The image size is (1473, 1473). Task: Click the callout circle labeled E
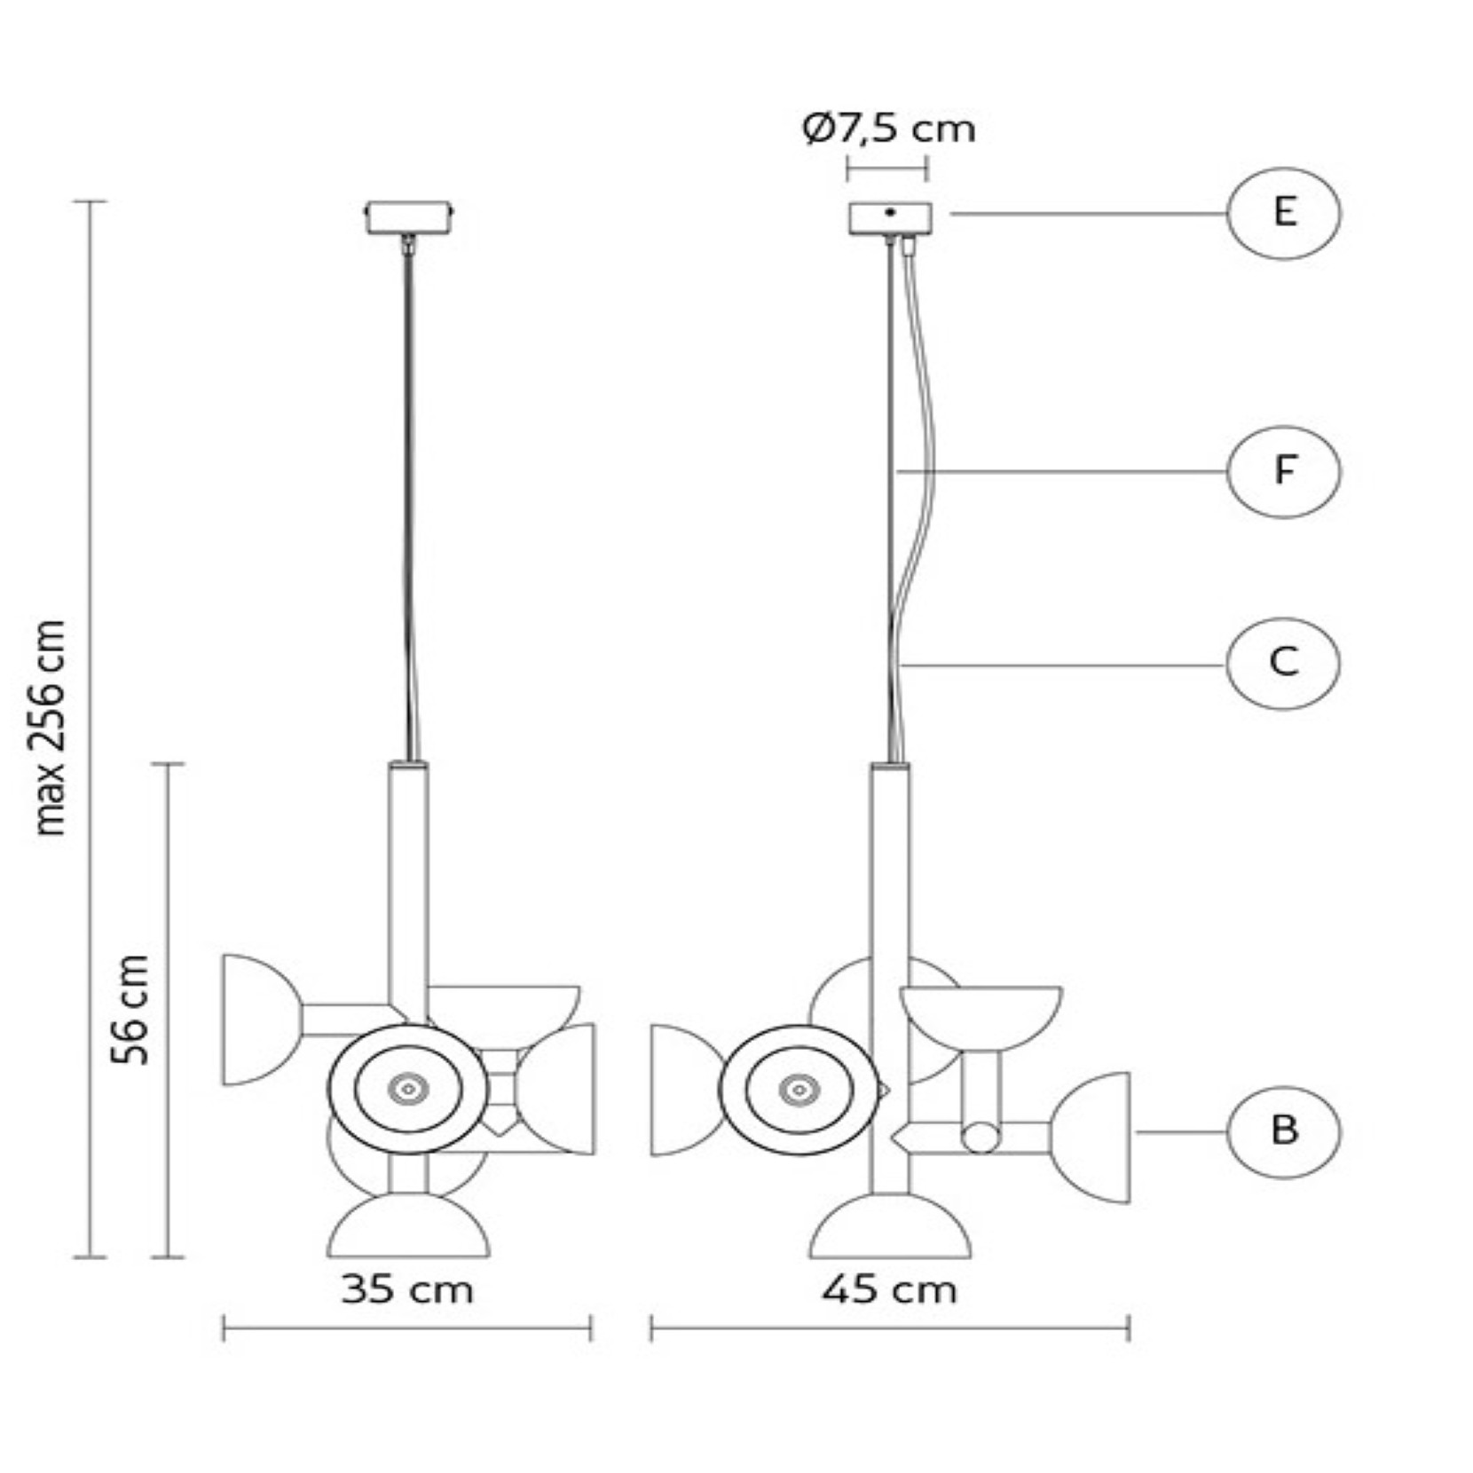[1283, 213]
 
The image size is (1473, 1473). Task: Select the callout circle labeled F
[1283, 471]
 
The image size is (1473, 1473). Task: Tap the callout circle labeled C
[1283, 663]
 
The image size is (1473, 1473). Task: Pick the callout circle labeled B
[1283, 1131]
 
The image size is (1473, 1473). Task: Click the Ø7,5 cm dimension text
[888, 130]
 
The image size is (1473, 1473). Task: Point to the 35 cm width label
[407, 1289]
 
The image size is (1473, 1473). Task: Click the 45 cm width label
[889, 1289]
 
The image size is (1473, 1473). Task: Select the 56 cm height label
[130, 1009]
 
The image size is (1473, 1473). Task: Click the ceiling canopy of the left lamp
[409, 217]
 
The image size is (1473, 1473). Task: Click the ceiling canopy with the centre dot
[890, 218]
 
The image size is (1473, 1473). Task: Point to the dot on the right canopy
[890, 212]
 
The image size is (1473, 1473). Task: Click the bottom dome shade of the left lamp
[408, 1225]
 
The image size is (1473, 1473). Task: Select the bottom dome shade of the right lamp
[890, 1225]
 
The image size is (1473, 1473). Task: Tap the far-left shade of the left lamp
[261, 1020]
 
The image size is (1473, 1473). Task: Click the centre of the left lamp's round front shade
[407, 1089]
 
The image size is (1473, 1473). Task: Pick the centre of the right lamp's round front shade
[799, 1090]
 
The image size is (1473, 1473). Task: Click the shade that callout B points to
[1091, 1138]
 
